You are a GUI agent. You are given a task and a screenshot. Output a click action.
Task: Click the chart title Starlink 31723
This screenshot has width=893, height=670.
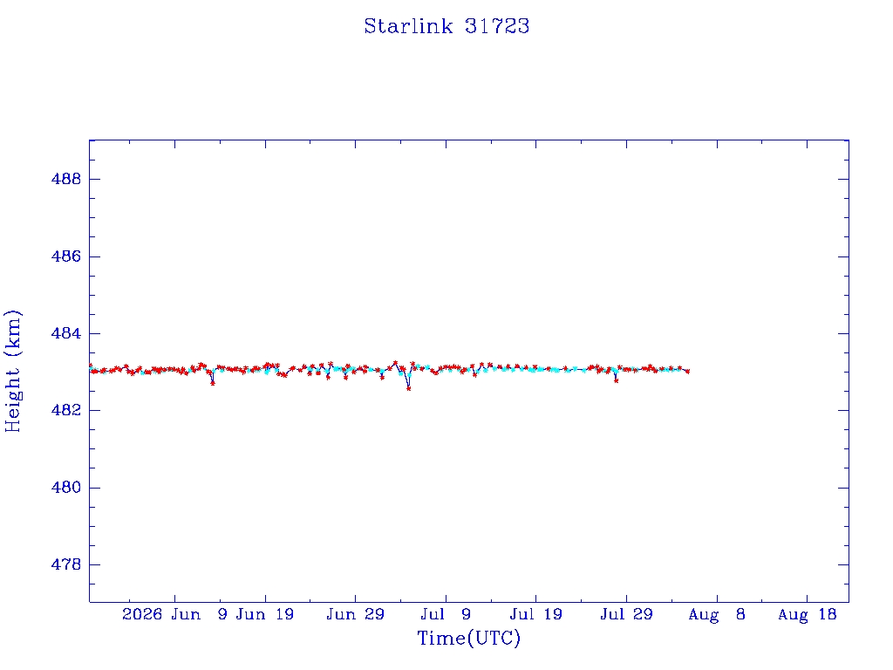(x=446, y=26)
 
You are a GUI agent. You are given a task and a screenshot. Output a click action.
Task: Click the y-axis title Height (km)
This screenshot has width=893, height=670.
(x=12, y=371)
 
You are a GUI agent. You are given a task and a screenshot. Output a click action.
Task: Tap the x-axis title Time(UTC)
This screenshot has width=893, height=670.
(x=468, y=638)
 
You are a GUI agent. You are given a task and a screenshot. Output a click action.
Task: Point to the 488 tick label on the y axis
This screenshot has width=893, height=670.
(x=66, y=179)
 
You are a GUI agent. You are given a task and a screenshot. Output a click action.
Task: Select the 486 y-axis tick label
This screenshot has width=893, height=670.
(x=66, y=256)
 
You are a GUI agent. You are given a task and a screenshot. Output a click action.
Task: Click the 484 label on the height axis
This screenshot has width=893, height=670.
(x=66, y=333)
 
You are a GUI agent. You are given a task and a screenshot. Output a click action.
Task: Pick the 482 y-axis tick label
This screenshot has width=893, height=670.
(x=66, y=410)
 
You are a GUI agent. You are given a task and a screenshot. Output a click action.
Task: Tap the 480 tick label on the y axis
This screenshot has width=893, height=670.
(x=66, y=488)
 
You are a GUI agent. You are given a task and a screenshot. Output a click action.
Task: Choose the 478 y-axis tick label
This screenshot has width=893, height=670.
(x=66, y=564)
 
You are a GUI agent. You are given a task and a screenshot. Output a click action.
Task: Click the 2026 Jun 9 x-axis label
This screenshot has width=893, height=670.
(x=174, y=614)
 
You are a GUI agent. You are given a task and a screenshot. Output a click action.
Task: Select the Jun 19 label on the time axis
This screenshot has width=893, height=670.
(x=265, y=614)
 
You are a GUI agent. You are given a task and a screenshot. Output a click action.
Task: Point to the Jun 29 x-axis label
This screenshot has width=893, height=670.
(x=356, y=614)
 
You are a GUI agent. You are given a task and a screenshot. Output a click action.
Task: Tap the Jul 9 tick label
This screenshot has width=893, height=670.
(x=446, y=614)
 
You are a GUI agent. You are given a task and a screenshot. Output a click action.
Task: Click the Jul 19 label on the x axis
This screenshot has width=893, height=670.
(x=536, y=614)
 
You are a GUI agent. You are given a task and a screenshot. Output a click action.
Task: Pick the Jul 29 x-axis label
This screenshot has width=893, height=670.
(x=626, y=614)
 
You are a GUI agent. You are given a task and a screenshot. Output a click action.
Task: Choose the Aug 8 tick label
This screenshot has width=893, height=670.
(x=717, y=614)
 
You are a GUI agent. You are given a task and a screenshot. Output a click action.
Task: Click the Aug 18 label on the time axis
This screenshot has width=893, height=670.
(x=807, y=614)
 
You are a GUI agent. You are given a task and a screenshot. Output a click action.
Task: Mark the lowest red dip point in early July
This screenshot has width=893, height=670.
(x=408, y=388)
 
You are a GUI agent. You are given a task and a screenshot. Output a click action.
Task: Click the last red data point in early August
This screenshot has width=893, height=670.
(x=688, y=372)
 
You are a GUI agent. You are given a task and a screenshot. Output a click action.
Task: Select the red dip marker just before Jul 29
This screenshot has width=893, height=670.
(x=617, y=380)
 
